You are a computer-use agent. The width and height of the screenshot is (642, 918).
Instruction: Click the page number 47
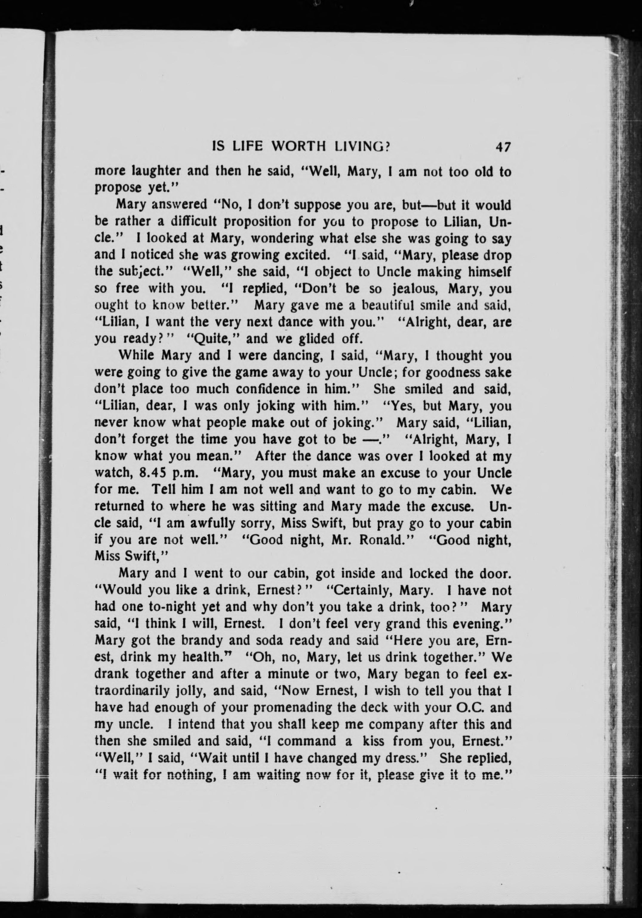[503, 147]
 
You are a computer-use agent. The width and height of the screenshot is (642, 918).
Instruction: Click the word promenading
[292, 708]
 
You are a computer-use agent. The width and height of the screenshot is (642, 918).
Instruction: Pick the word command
[307, 741]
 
